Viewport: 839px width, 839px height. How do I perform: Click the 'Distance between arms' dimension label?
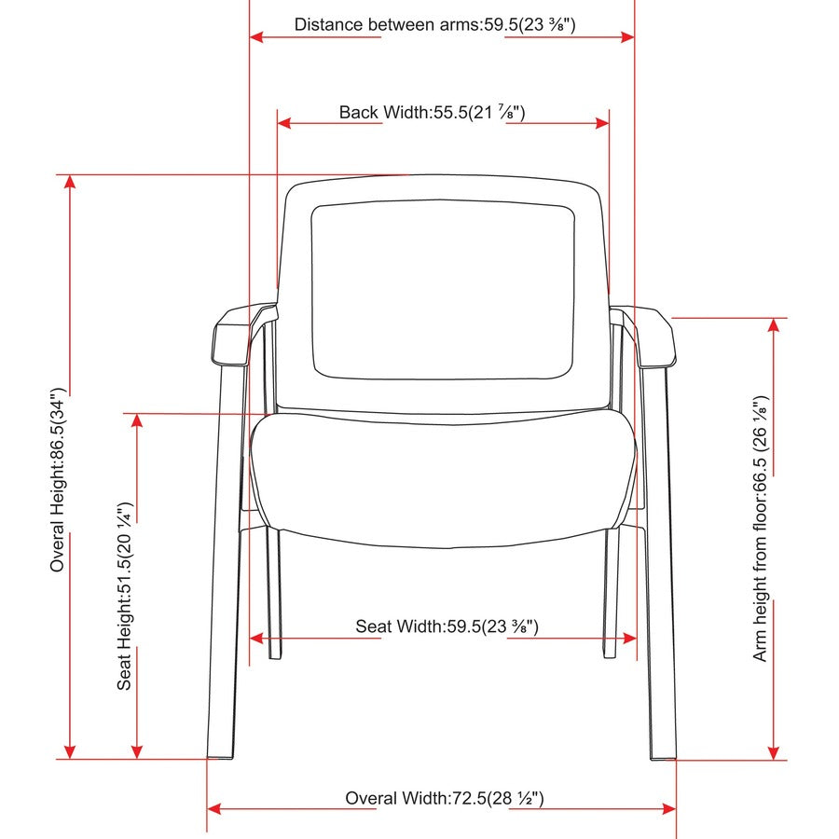[434, 24]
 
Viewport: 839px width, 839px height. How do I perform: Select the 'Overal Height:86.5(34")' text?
[58, 480]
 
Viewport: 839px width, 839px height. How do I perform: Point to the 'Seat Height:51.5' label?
[125, 596]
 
